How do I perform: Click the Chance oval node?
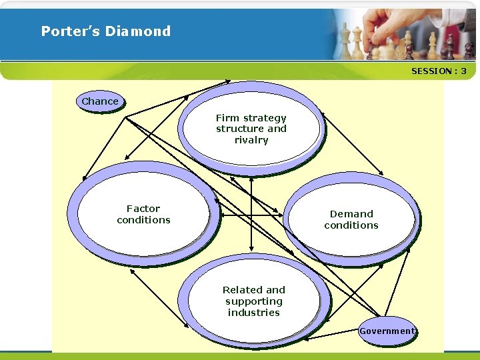pyautogui.click(x=100, y=101)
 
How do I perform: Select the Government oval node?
pyautogui.click(x=387, y=331)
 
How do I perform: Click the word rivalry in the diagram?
pyautogui.click(x=251, y=140)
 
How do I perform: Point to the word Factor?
pyautogui.click(x=143, y=209)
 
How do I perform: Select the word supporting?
pyautogui.click(x=253, y=301)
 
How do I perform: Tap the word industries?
pyautogui.click(x=253, y=313)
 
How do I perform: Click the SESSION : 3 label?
pyautogui.click(x=439, y=71)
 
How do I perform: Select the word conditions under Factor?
pyautogui.click(x=143, y=220)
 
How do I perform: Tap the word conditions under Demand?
pyautogui.click(x=351, y=225)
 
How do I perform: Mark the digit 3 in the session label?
pyautogui.click(x=463, y=71)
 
